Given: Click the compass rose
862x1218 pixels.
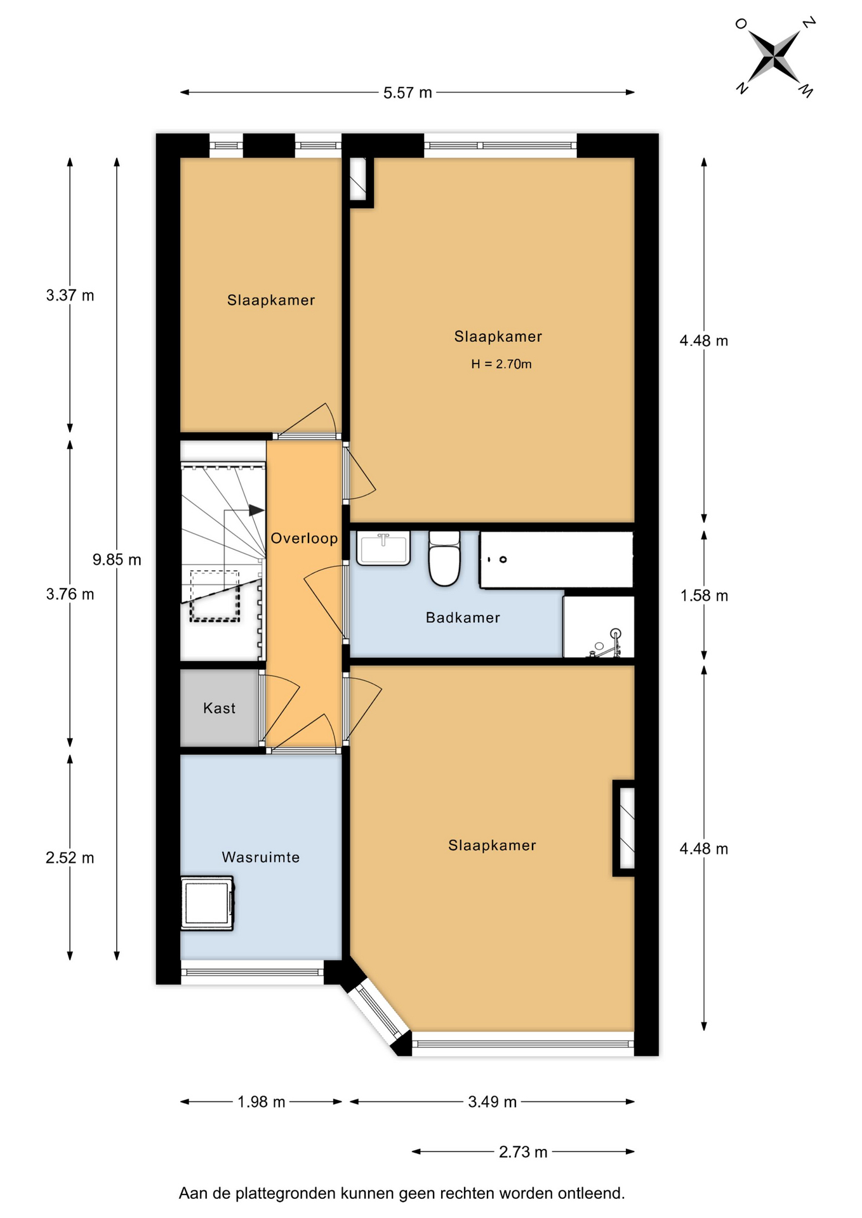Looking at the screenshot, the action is (x=774, y=57).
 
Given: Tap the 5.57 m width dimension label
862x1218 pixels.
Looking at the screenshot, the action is (x=408, y=93).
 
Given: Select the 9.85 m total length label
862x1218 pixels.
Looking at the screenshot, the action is (x=117, y=560).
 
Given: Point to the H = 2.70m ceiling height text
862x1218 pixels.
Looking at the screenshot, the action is (x=501, y=364).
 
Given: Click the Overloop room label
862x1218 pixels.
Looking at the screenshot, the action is (x=304, y=539).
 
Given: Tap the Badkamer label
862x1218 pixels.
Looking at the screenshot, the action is (x=463, y=617).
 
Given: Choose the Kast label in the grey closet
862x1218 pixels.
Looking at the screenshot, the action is (x=220, y=708).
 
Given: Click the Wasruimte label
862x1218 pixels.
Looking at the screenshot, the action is (x=261, y=857).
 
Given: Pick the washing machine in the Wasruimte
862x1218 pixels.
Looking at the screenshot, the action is (x=208, y=903).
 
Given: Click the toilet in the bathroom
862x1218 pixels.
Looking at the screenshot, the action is (x=444, y=558).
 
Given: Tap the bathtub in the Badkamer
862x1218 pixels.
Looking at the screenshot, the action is (x=557, y=560).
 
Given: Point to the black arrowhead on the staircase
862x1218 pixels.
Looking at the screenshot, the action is (x=256, y=510).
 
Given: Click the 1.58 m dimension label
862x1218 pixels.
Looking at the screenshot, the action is (x=704, y=596).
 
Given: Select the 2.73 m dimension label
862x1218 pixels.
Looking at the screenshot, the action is (x=523, y=1152).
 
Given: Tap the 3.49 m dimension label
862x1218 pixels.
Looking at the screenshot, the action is (x=493, y=1102).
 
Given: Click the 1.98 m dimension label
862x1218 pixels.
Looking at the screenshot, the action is (x=262, y=1102).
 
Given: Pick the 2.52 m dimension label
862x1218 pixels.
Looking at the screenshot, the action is (x=70, y=858).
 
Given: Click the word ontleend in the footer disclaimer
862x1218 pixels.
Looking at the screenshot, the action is (x=592, y=1193).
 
